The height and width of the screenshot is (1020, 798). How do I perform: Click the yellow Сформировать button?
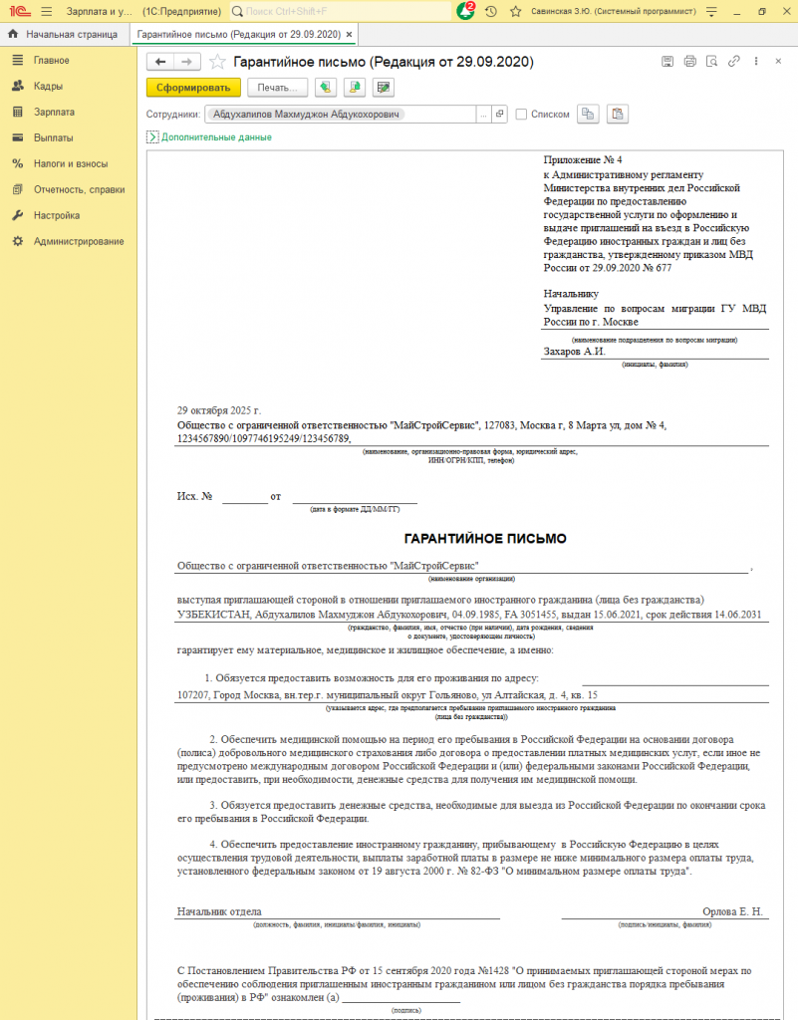click(x=194, y=88)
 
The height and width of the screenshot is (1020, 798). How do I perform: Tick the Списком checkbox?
click(x=521, y=114)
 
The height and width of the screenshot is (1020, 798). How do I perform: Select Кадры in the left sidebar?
click(x=48, y=86)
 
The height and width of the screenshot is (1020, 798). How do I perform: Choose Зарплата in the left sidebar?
click(x=54, y=112)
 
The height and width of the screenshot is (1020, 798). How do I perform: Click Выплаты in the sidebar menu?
click(x=53, y=137)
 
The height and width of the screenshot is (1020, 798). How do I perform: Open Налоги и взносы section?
click(x=70, y=163)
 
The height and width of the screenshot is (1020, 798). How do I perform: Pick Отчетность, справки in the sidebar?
click(x=79, y=189)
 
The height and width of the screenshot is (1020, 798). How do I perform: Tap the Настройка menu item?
click(x=56, y=215)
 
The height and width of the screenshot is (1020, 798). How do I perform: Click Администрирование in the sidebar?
click(x=79, y=241)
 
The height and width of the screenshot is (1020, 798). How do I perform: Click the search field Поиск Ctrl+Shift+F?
click(x=339, y=11)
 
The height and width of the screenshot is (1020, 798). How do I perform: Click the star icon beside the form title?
click(x=217, y=62)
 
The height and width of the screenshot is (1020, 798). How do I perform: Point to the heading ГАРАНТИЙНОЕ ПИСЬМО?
click(x=485, y=539)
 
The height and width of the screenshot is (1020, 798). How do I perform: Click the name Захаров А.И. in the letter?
click(x=575, y=352)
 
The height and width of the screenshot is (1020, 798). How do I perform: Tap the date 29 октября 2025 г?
click(x=218, y=410)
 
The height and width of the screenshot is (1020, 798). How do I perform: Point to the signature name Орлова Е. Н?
click(x=732, y=911)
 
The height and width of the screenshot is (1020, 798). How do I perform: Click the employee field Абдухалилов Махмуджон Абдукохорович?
click(x=308, y=114)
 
